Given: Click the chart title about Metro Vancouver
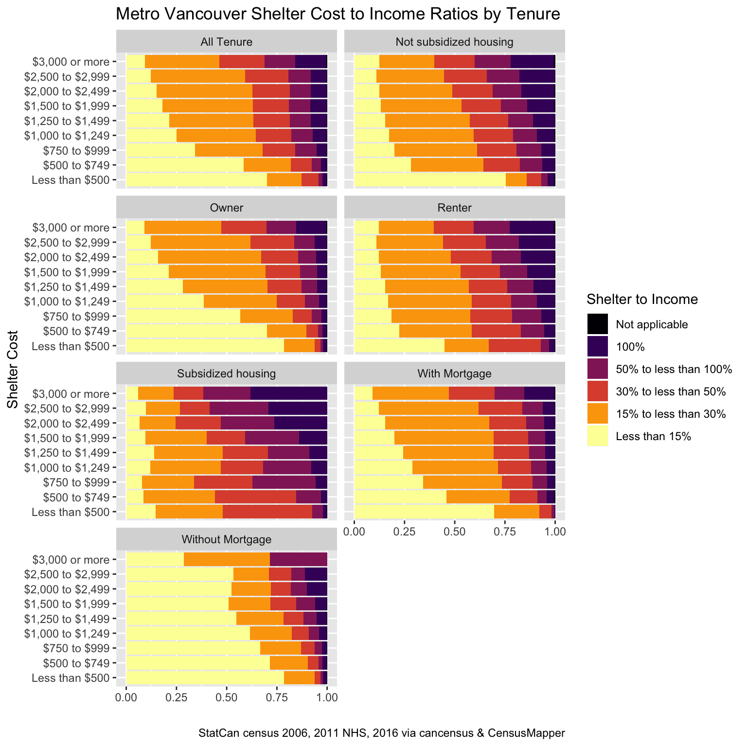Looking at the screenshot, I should [338, 14].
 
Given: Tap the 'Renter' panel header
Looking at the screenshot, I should [454, 208].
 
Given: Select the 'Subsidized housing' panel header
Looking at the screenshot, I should [226, 373].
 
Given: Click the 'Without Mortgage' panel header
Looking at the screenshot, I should [226, 539].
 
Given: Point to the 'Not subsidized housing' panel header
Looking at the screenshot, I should [454, 42].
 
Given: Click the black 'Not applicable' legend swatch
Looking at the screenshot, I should [598, 324].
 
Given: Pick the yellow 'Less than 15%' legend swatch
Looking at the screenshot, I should [598, 436].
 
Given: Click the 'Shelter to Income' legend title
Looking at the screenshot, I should [642, 299].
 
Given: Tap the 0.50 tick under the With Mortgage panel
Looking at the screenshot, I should [454, 531].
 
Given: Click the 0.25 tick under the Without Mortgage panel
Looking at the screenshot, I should [176, 697].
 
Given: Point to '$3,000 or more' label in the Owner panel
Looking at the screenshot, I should [71, 228].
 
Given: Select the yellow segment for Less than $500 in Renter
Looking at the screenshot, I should [399, 346].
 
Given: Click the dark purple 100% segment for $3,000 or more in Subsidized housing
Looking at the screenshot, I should [288, 393].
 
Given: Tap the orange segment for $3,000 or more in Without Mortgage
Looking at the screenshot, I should [227, 559].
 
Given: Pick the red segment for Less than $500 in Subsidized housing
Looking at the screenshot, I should [267, 512].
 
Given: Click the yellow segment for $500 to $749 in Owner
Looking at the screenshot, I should [196, 331].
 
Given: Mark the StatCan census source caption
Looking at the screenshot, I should [381, 733].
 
